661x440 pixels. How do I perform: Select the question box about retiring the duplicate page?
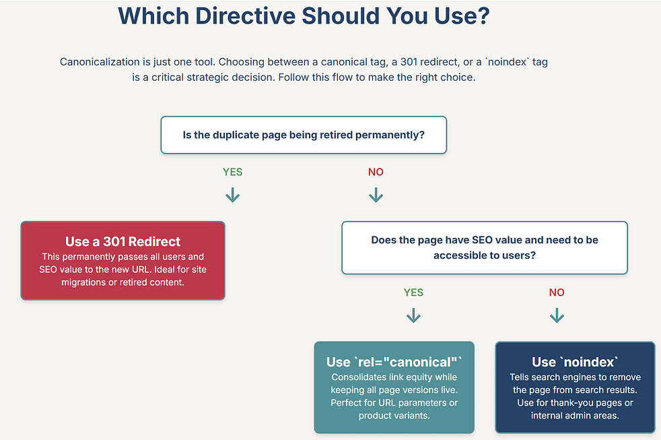[x=304, y=135]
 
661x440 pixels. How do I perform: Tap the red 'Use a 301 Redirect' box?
[x=123, y=261]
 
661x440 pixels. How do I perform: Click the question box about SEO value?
[x=485, y=248]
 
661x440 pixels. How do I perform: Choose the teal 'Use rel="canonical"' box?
[x=394, y=387]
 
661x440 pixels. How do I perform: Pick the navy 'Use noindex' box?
[x=575, y=387]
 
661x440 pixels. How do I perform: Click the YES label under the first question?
[x=233, y=172]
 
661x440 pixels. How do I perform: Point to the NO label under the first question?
[x=376, y=172]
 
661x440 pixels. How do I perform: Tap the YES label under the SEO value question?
[x=413, y=292]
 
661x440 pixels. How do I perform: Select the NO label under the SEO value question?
[x=557, y=292]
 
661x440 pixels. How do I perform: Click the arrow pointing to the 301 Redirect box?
[x=233, y=195]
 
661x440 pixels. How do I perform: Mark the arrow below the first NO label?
[x=376, y=195]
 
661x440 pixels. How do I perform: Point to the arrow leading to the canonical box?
[x=413, y=315]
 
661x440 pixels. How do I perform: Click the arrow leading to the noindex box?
[x=557, y=315]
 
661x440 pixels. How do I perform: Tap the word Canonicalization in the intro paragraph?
[x=100, y=62]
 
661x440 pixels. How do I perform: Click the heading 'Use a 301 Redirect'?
[x=123, y=241]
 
